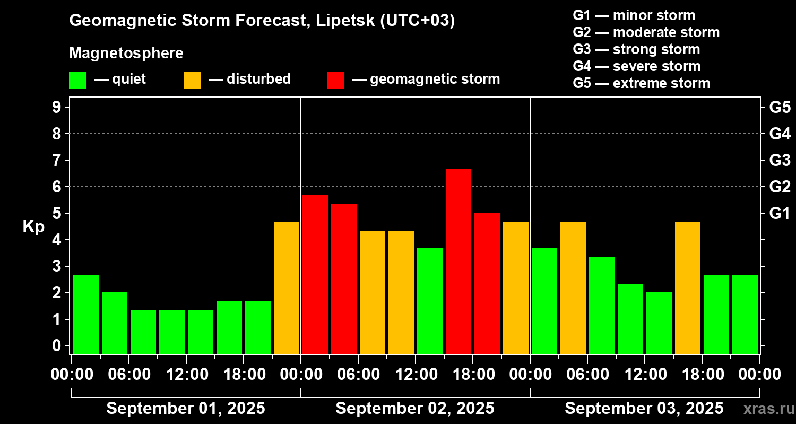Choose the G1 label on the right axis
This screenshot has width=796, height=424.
click(780, 214)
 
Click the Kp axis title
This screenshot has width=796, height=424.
click(33, 227)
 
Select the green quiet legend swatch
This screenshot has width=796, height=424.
click(77, 80)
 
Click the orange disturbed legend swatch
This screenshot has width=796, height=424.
click(192, 80)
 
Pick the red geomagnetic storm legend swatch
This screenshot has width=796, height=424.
click(335, 80)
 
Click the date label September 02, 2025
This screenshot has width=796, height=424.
click(415, 409)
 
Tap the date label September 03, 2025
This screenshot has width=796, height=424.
click(644, 409)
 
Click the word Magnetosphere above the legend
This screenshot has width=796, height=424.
click(126, 54)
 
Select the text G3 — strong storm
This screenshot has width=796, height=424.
click(636, 49)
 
